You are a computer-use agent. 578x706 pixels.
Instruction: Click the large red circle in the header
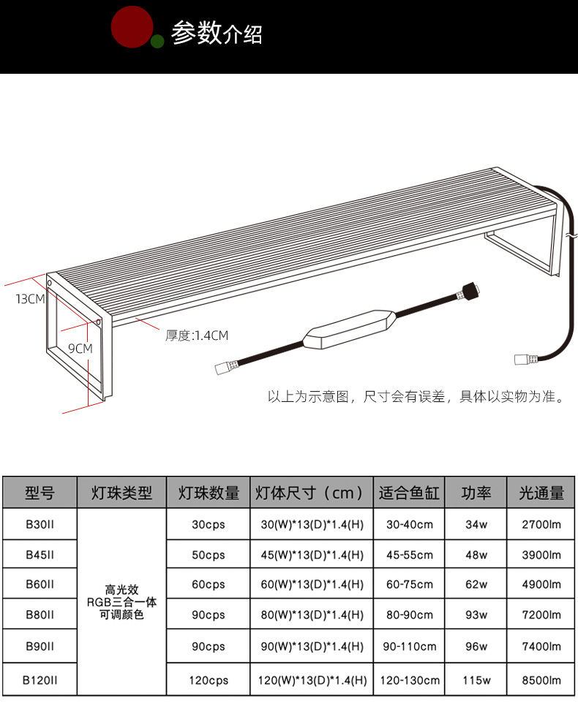(x=132, y=26)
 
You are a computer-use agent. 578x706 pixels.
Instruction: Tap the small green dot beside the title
(x=157, y=42)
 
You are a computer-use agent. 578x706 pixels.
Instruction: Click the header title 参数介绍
(x=217, y=33)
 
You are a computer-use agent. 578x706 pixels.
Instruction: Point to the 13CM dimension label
(x=30, y=299)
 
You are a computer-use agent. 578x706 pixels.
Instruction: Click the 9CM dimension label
(x=80, y=349)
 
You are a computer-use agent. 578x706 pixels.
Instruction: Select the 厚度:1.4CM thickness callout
(x=197, y=335)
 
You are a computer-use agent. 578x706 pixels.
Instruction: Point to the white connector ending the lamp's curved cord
(x=526, y=360)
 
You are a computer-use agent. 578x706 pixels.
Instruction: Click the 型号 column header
(x=40, y=493)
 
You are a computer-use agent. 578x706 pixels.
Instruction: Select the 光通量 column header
(x=541, y=493)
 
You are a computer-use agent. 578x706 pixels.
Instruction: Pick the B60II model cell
(x=40, y=584)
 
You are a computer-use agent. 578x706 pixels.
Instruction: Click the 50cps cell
(x=209, y=555)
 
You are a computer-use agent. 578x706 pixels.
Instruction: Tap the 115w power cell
(x=476, y=680)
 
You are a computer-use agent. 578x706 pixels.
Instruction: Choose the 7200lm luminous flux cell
(x=541, y=615)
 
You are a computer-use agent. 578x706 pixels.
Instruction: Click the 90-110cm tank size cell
(x=410, y=646)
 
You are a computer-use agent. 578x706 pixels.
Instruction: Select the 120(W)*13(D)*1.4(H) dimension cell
(x=312, y=680)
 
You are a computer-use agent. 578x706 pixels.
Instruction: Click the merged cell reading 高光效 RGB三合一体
(x=121, y=602)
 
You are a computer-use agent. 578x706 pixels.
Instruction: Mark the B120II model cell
(x=40, y=680)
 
